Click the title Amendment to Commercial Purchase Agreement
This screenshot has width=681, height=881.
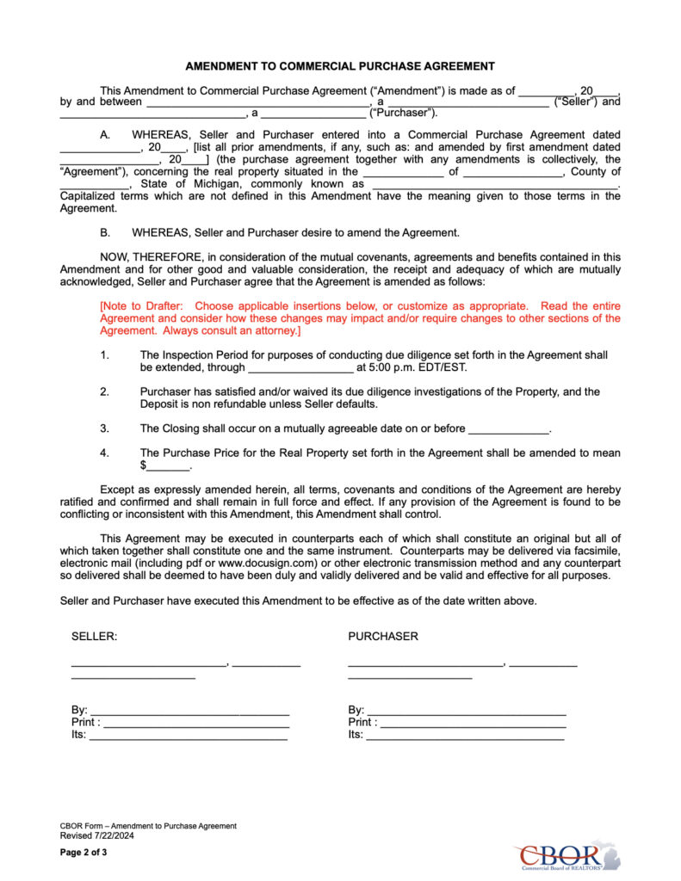click(340, 66)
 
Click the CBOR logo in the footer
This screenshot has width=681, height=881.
click(567, 856)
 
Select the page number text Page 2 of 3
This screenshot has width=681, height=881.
click(84, 853)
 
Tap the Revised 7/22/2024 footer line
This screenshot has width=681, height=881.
click(96, 835)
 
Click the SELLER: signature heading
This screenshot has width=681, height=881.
click(94, 637)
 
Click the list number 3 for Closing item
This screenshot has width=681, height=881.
click(104, 428)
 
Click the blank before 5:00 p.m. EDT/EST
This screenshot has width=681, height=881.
click(300, 368)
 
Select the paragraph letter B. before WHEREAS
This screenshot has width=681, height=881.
click(105, 232)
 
